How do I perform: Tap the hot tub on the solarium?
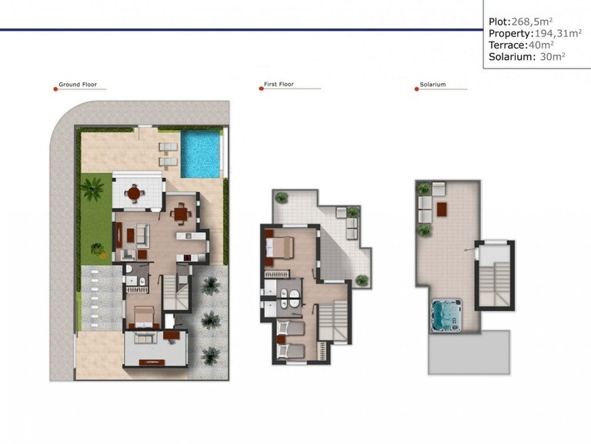446,314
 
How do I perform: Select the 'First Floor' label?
280,85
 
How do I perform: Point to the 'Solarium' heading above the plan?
433,85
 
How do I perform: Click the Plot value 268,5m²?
533,22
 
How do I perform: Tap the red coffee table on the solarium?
442,207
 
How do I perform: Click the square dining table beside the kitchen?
181,213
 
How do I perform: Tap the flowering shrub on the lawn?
97,248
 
